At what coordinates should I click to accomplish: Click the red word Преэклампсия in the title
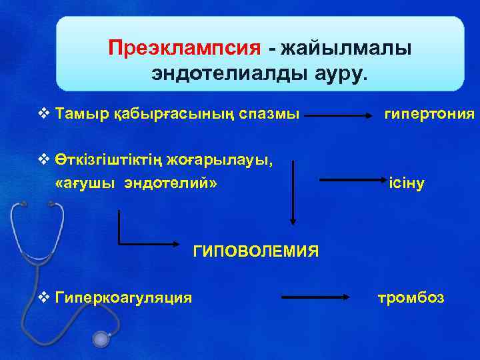point(184,48)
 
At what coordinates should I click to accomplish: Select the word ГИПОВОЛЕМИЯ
point(255,251)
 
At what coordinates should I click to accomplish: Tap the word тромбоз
point(411,297)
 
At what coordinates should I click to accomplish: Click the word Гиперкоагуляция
point(125,297)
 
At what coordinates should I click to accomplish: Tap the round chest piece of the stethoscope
point(101,339)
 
